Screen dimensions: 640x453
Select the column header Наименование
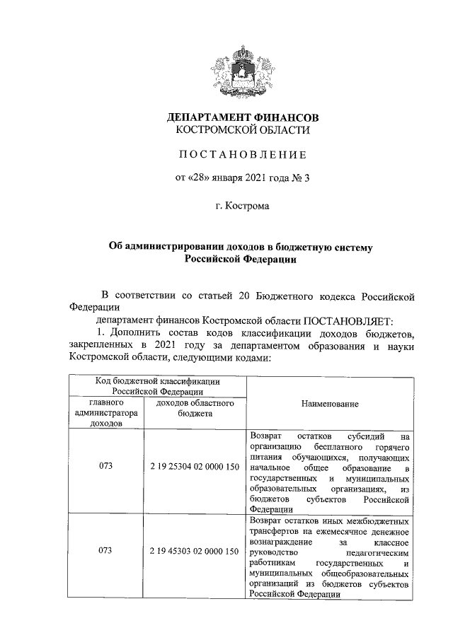329,403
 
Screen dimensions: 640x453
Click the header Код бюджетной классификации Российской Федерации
157,385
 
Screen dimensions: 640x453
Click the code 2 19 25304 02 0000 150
194,468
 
